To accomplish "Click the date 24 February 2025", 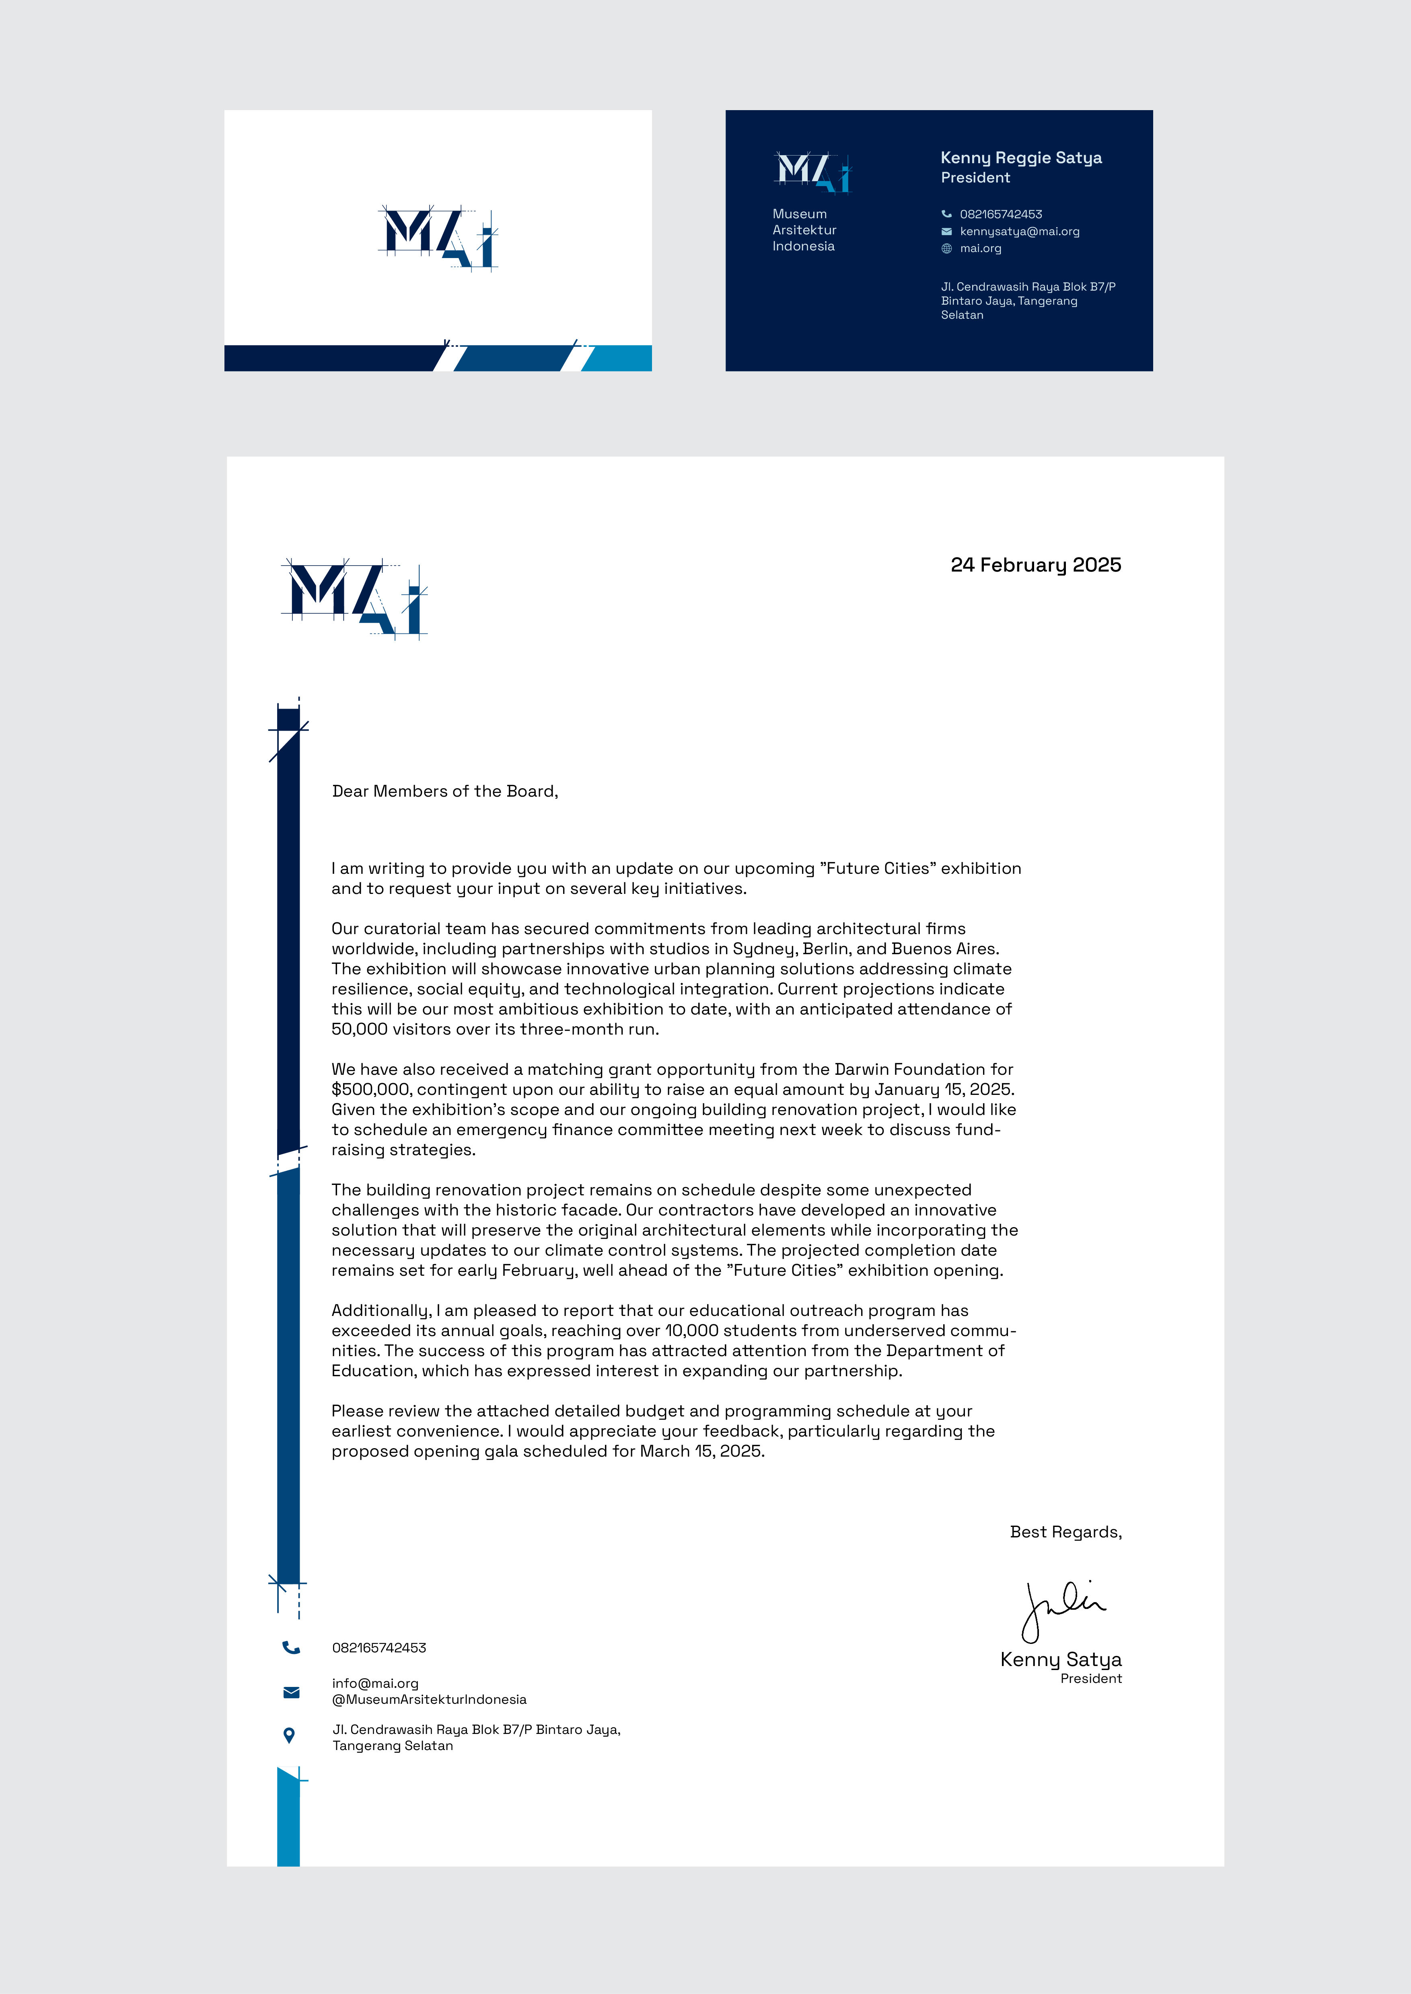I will (1036, 566).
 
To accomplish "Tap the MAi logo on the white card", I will (438, 238).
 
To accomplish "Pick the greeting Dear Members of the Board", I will (445, 791).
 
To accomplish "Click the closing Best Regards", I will (1065, 1532).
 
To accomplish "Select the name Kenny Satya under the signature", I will (1061, 1660).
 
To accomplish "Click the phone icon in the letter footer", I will (291, 1648).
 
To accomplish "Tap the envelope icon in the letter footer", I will (291, 1692).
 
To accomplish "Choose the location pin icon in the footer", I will (289, 1735).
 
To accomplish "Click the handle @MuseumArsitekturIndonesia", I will (429, 1700).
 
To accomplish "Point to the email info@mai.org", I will (375, 1683).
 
